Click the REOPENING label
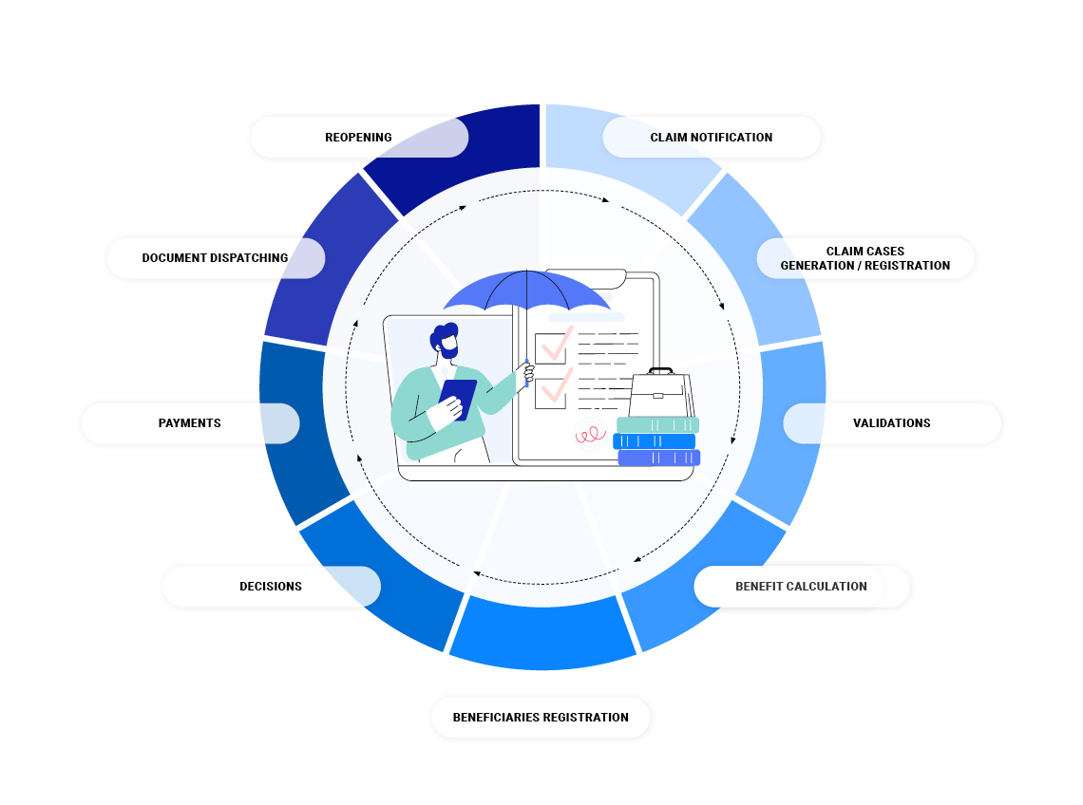[358, 138]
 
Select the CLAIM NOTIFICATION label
[711, 138]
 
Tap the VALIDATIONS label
[891, 423]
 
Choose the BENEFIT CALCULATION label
[801, 587]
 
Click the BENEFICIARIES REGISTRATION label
[541, 718]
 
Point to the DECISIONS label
[271, 587]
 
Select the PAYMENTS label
[190, 423]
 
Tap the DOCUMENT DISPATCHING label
[215, 258]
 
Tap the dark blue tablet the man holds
[458, 400]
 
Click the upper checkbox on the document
[551, 347]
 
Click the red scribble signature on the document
[590, 434]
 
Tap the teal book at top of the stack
[657, 424]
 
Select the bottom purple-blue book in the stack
[658, 458]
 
